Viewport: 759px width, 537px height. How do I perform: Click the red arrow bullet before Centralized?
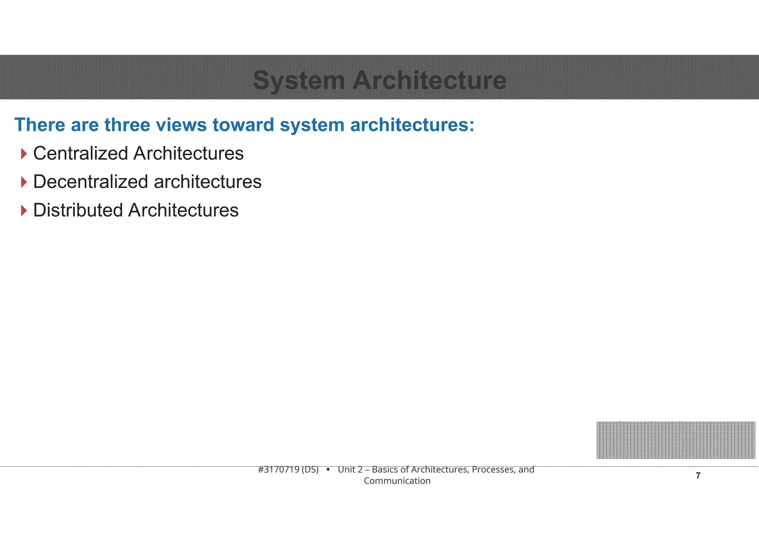[x=24, y=154]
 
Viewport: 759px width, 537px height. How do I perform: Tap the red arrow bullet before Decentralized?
[x=24, y=182]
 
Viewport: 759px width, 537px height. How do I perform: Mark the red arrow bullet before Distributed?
[x=24, y=211]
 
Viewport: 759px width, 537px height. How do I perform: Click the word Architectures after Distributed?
[x=183, y=210]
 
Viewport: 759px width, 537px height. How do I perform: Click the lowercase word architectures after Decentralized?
[x=208, y=182]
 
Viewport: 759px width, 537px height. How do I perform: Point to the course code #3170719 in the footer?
[x=278, y=470]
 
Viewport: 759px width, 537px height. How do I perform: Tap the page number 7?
[x=698, y=476]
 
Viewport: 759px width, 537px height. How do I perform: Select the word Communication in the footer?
[x=397, y=481]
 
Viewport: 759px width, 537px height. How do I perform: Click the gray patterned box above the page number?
[x=675, y=440]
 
